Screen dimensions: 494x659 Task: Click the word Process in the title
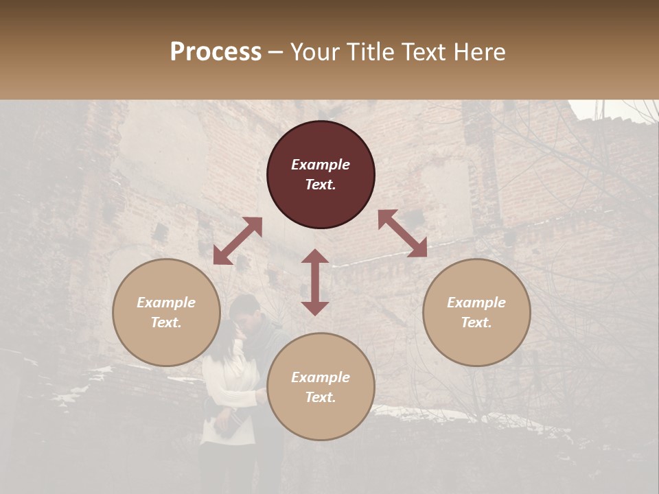pos(216,52)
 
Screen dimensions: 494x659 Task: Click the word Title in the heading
pos(370,52)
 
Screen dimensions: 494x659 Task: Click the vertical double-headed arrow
pos(315,282)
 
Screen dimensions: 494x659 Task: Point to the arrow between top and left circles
pos(238,241)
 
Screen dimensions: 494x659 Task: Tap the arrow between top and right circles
pos(402,233)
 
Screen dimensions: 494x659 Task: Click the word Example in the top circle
pos(321,165)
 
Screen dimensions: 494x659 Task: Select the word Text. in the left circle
pos(166,322)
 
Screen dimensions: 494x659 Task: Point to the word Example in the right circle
pos(476,303)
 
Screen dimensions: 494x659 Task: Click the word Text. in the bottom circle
pos(321,397)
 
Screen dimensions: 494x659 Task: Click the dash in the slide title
pos(276,53)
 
